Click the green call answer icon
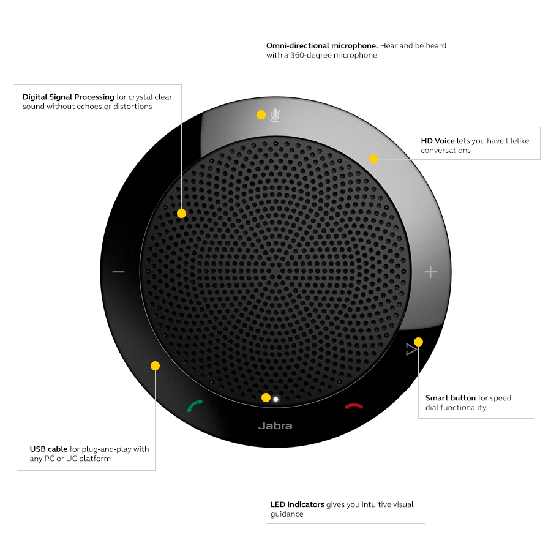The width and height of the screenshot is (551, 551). [195, 406]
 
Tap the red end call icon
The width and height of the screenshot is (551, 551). [353, 406]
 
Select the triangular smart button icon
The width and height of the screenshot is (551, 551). [411, 350]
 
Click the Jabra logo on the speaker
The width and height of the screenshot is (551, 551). [275, 425]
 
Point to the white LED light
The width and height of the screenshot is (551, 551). [276, 399]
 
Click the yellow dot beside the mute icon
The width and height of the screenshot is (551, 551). [261, 114]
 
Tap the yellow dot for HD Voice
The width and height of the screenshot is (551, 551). [373, 159]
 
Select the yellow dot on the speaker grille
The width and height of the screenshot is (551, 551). [181, 214]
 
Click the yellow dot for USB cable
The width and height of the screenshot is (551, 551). [155, 365]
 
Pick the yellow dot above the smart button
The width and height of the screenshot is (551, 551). [418, 341]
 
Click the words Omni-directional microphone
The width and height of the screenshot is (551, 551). [321, 46]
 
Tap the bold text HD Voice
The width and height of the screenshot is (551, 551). [438, 141]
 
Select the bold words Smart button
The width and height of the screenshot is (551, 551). [450, 398]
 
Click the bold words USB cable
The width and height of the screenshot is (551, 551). [48, 449]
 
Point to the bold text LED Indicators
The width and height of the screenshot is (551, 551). [297, 504]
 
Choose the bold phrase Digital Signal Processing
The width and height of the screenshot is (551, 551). [69, 97]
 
